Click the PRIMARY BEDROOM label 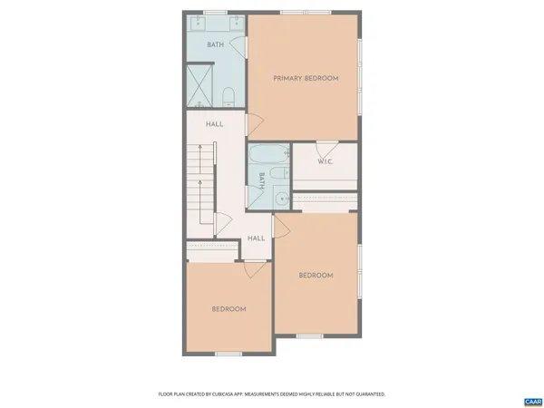[x=306, y=79]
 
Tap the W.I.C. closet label [x=325, y=163]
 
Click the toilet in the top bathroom [x=230, y=95]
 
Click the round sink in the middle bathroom [x=282, y=199]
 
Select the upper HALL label [x=215, y=124]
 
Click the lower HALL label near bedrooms [x=257, y=238]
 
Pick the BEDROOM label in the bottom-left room [x=228, y=309]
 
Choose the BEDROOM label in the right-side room [x=316, y=276]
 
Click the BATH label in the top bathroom [x=216, y=44]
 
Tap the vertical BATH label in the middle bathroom [x=263, y=180]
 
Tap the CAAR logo [x=531, y=401]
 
